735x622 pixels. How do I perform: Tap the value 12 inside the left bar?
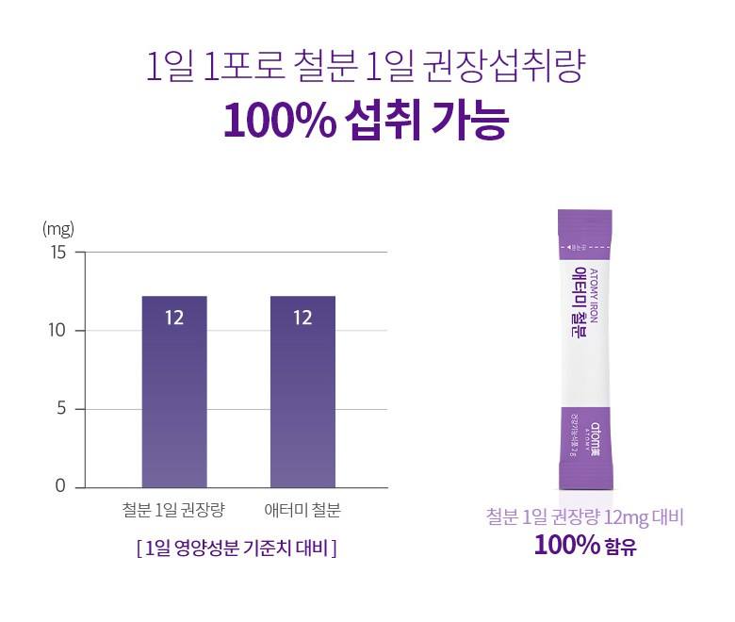174,318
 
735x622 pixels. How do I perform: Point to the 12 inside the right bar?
302,318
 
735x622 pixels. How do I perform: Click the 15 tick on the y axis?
58,253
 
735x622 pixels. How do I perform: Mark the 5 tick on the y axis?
61,409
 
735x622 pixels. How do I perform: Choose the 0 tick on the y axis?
61,487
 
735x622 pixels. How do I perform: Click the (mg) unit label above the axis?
57,229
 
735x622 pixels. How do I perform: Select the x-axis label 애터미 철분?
302,512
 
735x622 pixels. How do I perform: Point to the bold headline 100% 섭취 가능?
367,123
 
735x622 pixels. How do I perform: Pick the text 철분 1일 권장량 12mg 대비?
584,516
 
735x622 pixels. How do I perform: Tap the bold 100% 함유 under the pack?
584,546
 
